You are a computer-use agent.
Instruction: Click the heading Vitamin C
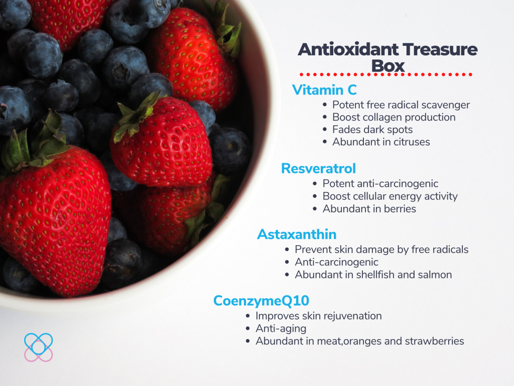[x=324, y=90]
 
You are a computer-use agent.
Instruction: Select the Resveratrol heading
[x=318, y=168]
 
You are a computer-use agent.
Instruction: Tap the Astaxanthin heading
[x=297, y=234]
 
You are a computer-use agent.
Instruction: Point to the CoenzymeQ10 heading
[x=261, y=301]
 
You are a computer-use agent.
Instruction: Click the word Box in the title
[x=388, y=66]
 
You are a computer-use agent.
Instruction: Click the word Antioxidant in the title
[x=348, y=49]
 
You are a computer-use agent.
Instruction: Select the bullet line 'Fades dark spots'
[x=372, y=130]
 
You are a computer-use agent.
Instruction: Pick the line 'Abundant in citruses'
[x=381, y=142]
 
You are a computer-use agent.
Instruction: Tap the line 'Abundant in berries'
[x=369, y=209]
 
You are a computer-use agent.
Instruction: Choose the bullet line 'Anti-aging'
[x=281, y=329]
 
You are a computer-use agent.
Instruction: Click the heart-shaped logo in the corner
[x=38, y=347]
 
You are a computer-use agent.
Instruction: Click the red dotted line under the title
[x=386, y=74]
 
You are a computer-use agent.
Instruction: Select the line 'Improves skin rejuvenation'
[x=319, y=316]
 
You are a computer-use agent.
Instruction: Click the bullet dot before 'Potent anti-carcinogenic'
[x=315, y=184]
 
